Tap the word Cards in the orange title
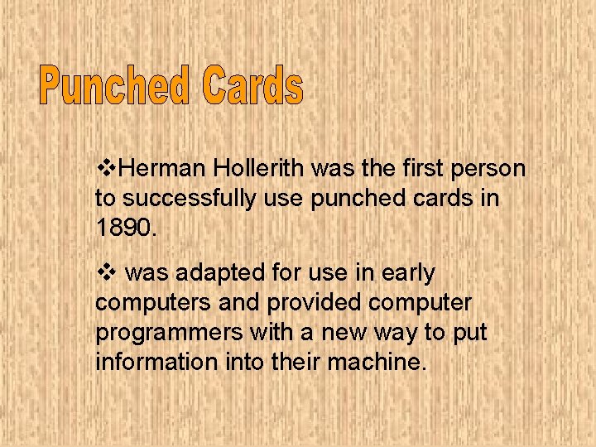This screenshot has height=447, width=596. tap(255, 87)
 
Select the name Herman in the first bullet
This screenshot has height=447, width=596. tap(161, 170)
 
